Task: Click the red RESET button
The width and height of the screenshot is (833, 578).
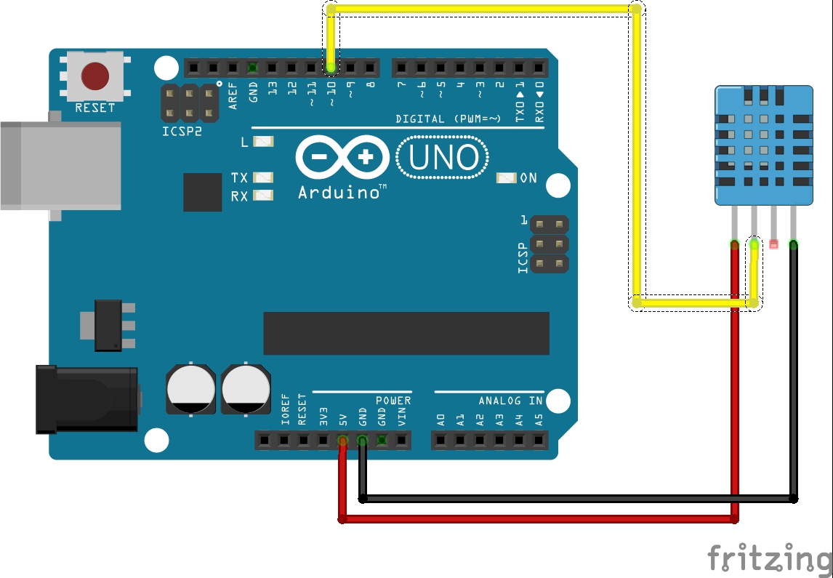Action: pos(95,75)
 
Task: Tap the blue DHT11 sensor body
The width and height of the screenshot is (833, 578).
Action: pos(762,145)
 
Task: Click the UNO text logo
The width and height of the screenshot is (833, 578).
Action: pos(443,158)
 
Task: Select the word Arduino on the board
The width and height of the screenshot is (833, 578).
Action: pos(339,193)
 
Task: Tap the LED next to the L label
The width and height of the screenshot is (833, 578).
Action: pos(262,142)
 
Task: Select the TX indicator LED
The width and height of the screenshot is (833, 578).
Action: pos(262,177)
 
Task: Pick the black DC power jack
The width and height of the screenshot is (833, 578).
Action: pos(87,400)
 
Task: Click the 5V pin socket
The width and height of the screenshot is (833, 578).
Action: pos(342,440)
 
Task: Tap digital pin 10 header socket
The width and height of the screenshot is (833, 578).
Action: pos(331,68)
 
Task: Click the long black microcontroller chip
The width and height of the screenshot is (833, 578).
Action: pos(406,334)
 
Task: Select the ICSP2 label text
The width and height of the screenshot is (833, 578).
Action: pos(181,132)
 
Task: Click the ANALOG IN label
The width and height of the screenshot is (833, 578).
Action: pos(510,401)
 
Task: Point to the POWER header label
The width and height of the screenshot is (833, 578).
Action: pos(393,401)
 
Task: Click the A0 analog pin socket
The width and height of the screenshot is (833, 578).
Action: pos(440,440)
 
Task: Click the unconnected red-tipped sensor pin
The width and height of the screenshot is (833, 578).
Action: pos(773,245)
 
